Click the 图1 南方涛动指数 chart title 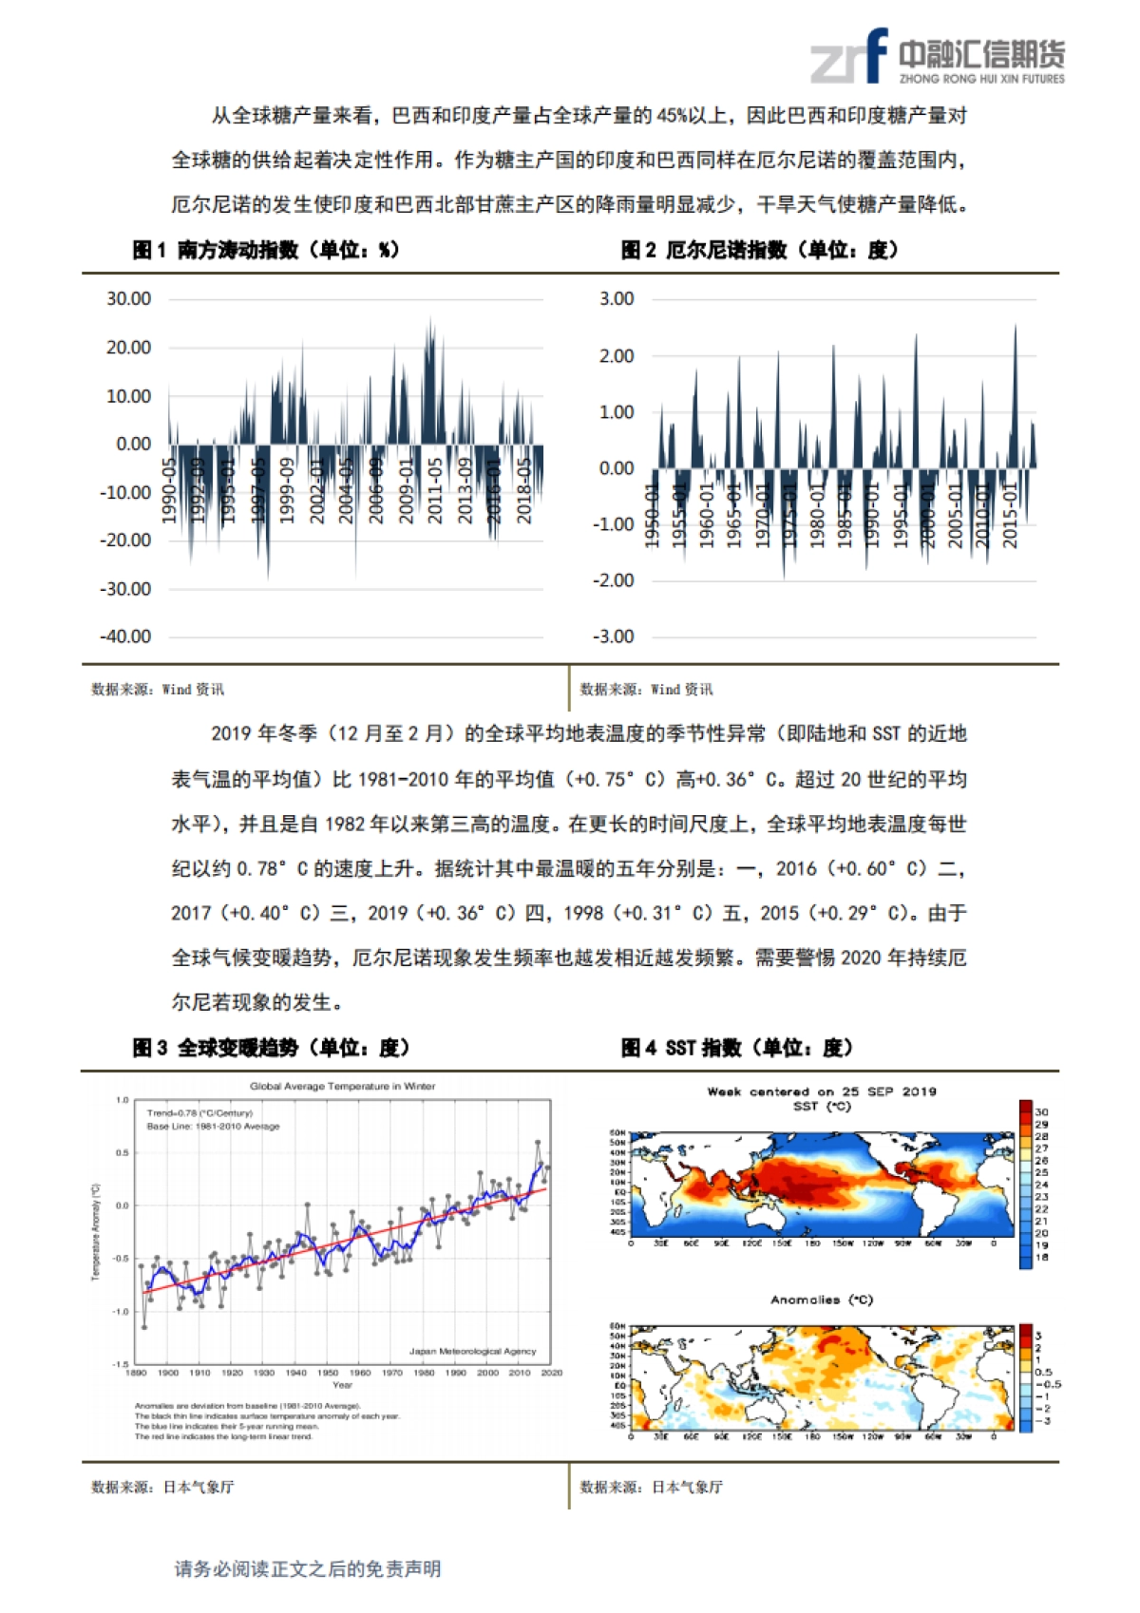265,250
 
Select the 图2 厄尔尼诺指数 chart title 759,250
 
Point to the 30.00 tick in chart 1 128,299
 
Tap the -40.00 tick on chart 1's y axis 125,636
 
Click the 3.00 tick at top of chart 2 617,299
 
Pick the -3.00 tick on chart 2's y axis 614,636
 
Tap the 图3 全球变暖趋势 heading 271,1048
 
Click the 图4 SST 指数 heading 736,1048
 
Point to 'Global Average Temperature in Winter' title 343,1086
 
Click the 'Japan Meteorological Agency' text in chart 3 472,1351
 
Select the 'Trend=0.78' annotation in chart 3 199,1112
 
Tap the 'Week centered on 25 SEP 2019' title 822,1091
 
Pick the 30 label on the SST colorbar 1042,1111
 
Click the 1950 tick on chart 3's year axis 328,1373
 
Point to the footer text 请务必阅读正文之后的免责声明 308,1569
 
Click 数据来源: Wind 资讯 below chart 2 646,690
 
